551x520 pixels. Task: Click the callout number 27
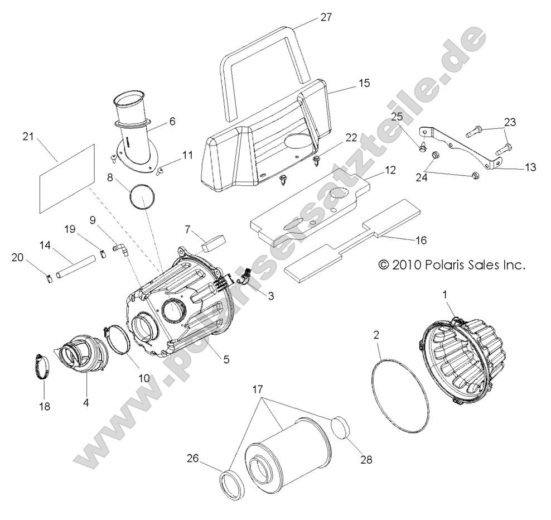(326, 17)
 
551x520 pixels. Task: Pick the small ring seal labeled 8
(142, 198)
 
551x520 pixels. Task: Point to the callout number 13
(530, 167)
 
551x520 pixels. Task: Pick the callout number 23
(510, 122)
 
